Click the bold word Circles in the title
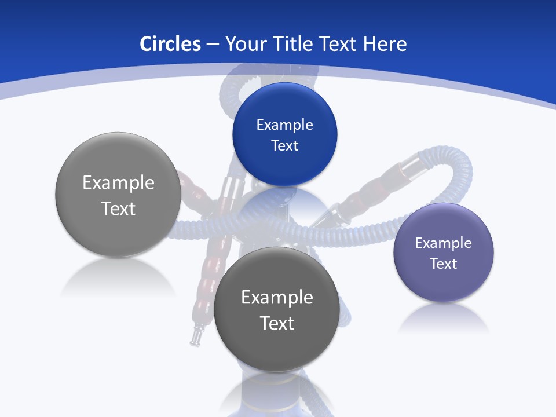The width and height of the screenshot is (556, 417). pos(170,44)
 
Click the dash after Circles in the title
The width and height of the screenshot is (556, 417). pos(212,45)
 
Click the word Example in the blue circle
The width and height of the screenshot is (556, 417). pos(284,125)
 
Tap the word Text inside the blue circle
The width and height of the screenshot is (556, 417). pos(284,145)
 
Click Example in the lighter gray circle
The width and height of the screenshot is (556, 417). pos(118,182)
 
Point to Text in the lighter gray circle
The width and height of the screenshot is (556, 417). pos(118,209)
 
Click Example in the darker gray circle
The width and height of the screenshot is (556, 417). pos(277,297)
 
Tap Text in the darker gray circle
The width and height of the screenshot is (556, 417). pos(277,323)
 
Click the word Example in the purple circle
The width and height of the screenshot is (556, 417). pos(444,243)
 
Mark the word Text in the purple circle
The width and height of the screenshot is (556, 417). pos(444,264)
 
